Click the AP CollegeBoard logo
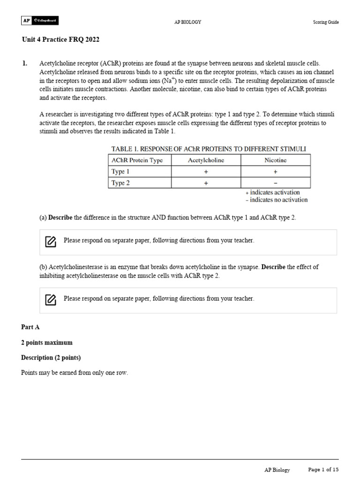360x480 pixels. [x=40, y=21]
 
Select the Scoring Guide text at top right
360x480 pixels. [x=326, y=22]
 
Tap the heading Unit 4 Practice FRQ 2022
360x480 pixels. [x=60, y=39]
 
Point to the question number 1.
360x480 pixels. [x=24, y=63]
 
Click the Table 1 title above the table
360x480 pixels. [x=208, y=149]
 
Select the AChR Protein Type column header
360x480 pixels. [x=137, y=160]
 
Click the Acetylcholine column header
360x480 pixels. [x=206, y=160]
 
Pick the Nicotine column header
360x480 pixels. [x=275, y=160]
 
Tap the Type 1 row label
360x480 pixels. [x=120, y=172]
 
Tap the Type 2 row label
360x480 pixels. [x=120, y=183]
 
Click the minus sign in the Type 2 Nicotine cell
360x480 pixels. [x=275, y=183]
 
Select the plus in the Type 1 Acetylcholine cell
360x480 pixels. [x=206, y=172]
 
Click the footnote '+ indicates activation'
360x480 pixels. [x=272, y=192]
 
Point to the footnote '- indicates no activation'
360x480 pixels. [x=276, y=200]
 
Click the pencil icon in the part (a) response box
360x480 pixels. [x=51, y=241]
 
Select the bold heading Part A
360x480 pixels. [x=30, y=327]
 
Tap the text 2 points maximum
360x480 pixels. [x=47, y=343]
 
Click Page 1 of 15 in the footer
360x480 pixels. [x=323, y=469]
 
